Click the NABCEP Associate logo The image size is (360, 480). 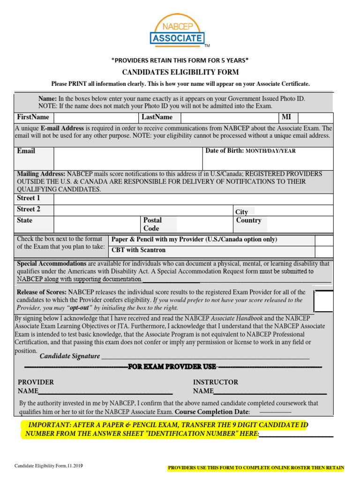tap(177, 30)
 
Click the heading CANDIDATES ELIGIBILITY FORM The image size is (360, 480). tap(180, 72)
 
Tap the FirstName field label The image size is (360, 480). tap(33, 117)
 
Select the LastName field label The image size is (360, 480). tap(157, 117)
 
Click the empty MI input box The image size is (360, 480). tap(315, 118)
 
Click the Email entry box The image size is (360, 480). tap(127, 158)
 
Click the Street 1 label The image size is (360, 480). tap(29, 198)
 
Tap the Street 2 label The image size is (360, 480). tap(29, 209)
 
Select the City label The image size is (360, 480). tap(242, 212)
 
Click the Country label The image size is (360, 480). tap(248, 220)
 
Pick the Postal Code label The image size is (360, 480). tap(152, 224)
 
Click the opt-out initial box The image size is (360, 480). tap(323, 301)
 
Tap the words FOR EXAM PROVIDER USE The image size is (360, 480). tap(172, 366)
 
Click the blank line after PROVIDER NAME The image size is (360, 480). tap(105, 391)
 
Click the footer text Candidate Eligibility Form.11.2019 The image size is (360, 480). tap(49, 466)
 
